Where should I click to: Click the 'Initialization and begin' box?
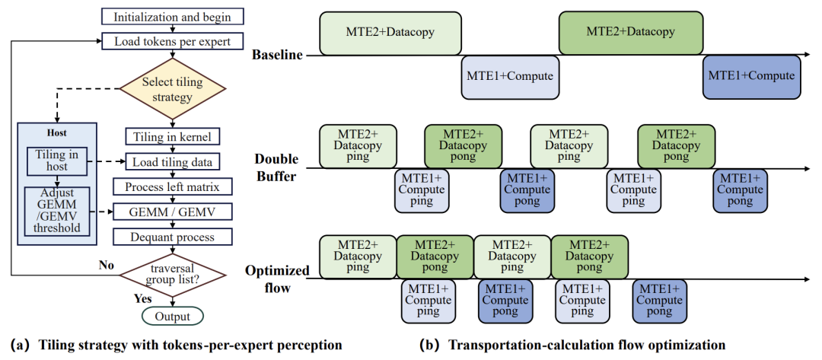(x=173, y=16)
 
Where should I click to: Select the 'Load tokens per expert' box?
(x=173, y=41)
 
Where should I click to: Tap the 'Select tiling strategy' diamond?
(x=173, y=89)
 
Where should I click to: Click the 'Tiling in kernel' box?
(x=173, y=137)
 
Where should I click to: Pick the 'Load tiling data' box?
(x=173, y=162)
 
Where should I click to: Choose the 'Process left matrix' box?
(x=173, y=187)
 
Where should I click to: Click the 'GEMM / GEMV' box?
(x=173, y=212)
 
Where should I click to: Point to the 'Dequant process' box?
(x=173, y=237)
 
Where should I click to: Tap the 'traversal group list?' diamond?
(x=173, y=274)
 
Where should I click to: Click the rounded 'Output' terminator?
(x=173, y=316)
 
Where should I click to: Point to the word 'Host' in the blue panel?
(x=56, y=134)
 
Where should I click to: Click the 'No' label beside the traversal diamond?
(x=107, y=265)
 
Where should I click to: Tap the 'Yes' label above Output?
(x=142, y=299)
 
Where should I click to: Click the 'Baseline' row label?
(x=277, y=55)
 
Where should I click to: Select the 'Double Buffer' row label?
(x=276, y=167)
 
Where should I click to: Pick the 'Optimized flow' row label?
(x=276, y=279)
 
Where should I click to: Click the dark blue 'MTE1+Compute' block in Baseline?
(x=752, y=77)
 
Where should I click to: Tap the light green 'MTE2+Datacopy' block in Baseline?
(x=390, y=33)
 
